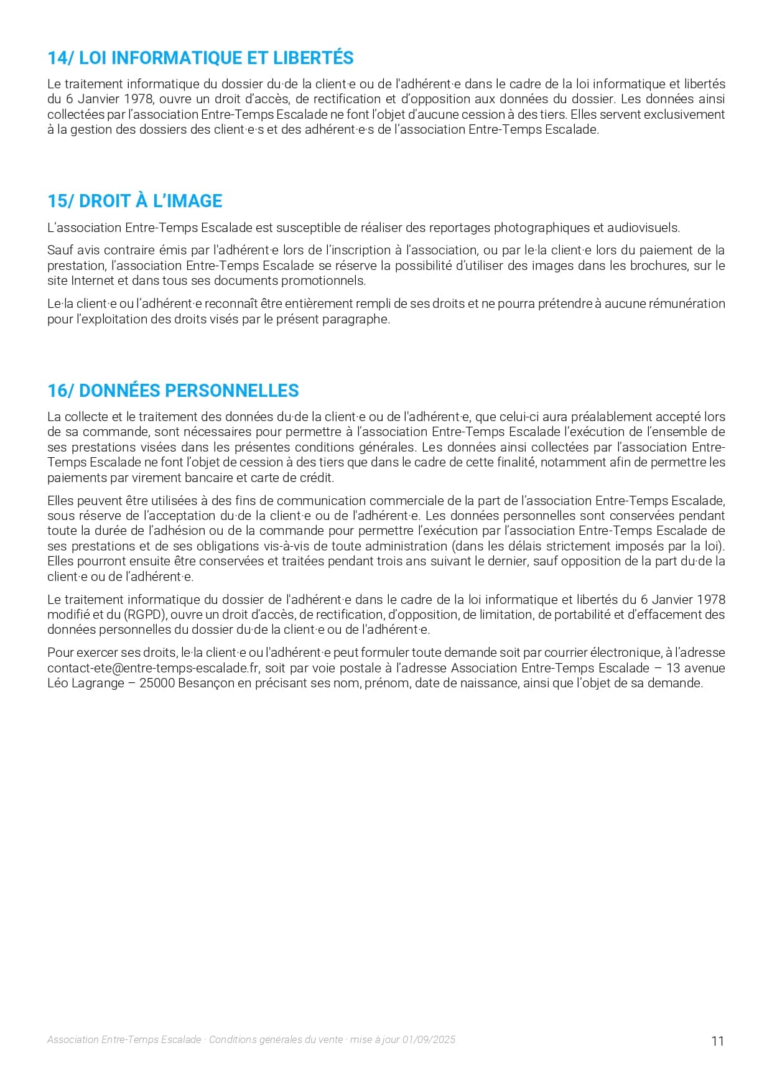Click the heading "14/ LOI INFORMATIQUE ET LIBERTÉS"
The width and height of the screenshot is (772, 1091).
(200, 58)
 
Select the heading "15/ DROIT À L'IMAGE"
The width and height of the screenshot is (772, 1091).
(135, 201)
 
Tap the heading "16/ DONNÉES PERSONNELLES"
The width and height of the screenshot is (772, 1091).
(173, 391)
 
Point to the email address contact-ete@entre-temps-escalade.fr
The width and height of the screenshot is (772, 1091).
(153, 668)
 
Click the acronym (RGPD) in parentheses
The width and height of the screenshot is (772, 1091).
(143, 615)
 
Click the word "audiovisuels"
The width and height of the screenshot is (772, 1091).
(643, 228)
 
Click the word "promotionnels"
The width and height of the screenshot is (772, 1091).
(323, 281)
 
